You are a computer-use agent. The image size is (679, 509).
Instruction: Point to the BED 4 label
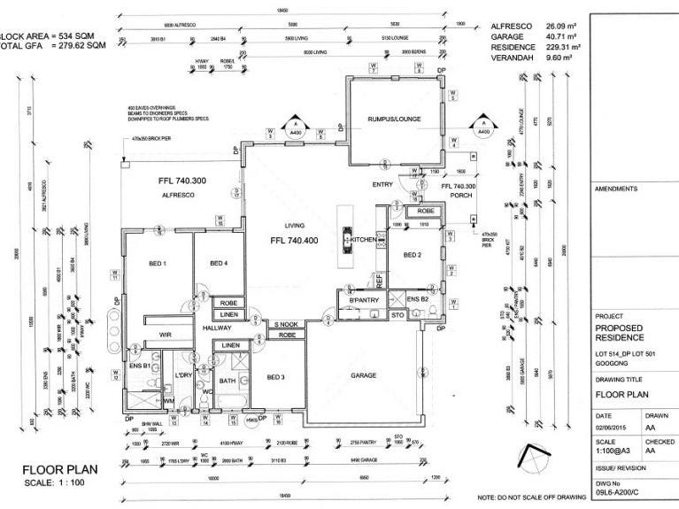tap(218, 264)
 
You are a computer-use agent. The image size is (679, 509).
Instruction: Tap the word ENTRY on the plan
tap(382, 184)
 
